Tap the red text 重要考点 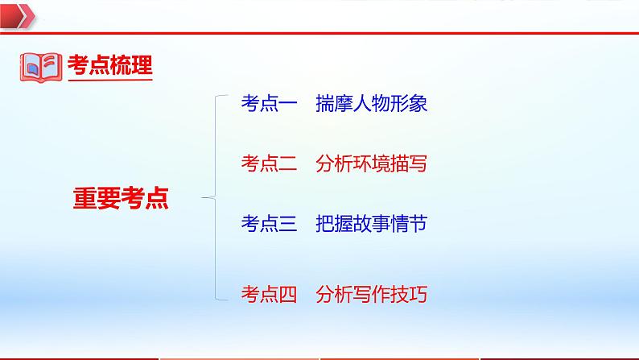(122, 197)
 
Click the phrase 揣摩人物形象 (371, 104)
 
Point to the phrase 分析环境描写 (371, 164)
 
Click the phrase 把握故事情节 (371, 225)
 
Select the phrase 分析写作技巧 (371, 295)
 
